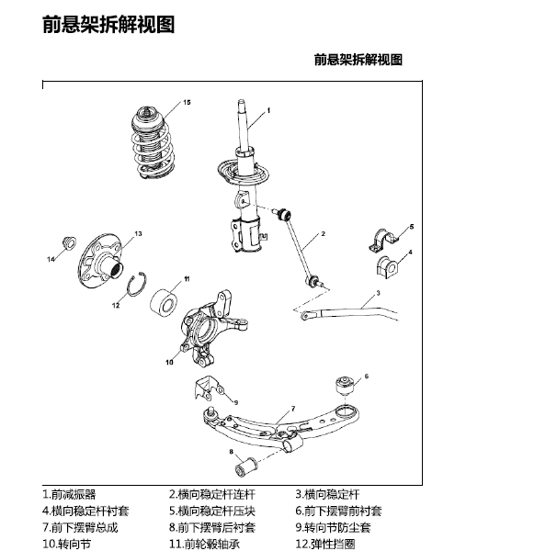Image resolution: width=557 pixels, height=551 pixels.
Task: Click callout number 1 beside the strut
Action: [x=268, y=109]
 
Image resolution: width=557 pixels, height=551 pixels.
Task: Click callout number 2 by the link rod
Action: [x=324, y=235]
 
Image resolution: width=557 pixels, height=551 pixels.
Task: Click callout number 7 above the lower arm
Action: [x=292, y=407]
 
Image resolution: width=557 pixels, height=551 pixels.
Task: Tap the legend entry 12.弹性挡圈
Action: [x=335, y=544]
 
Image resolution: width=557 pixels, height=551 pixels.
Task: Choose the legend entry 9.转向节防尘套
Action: [x=337, y=527]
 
